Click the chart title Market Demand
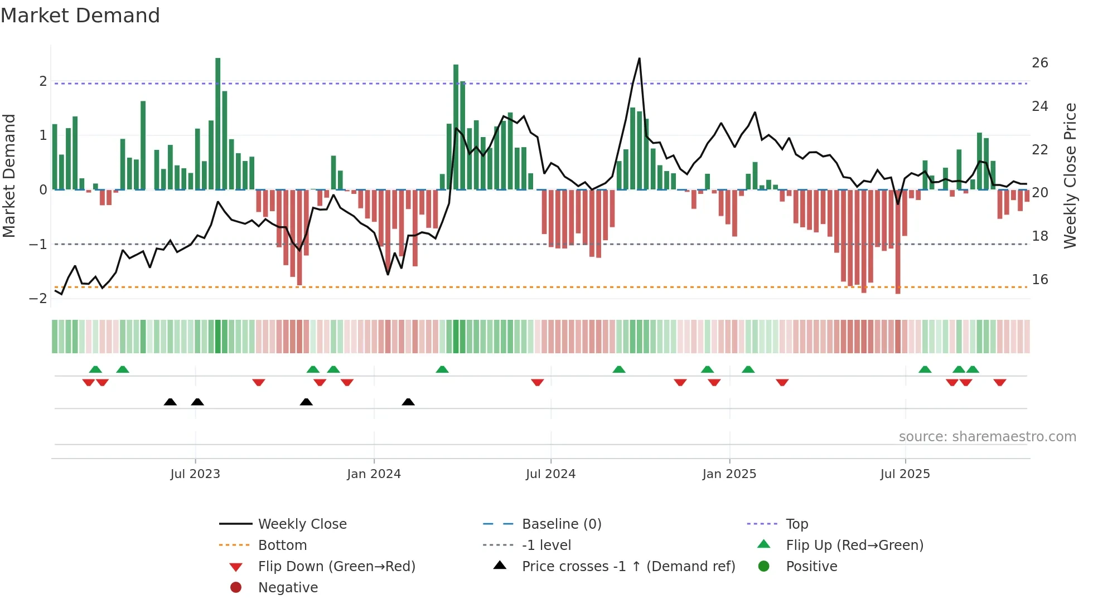click(x=80, y=16)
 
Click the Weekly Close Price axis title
click(x=1070, y=176)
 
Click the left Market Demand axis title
click(x=9, y=176)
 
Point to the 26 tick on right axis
click(x=1039, y=63)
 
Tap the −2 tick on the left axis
click(x=38, y=299)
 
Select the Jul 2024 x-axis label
click(x=550, y=474)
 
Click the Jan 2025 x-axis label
click(x=729, y=474)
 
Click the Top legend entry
click(x=797, y=524)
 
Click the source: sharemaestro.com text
click(x=987, y=437)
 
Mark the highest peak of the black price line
click(x=639, y=59)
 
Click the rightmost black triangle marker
click(x=408, y=402)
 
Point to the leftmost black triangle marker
click(x=170, y=402)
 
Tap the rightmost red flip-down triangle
click(x=999, y=382)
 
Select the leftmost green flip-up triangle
click(x=95, y=369)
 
